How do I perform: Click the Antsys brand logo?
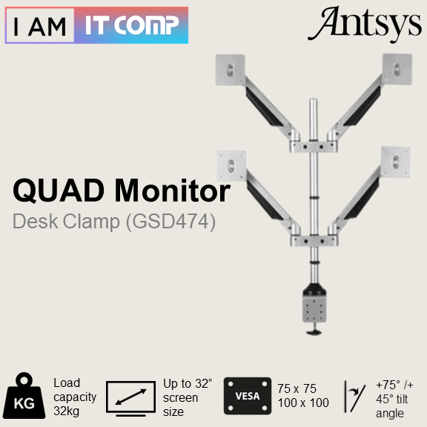(x=365, y=24)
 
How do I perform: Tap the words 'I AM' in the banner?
(x=40, y=26)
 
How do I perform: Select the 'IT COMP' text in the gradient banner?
(x=132, y=25)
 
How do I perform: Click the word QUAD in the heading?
(x=59, y=190)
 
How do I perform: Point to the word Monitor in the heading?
(x=173, y=190)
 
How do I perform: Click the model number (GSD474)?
(x=171, y=221)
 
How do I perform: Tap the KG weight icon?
(x=24, y=395)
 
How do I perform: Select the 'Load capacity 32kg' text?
(x=75, y=397)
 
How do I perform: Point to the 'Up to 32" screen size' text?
(x=188, y=397)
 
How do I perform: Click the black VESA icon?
(x=248, y=396)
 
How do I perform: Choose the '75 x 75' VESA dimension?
(x=297, y=388)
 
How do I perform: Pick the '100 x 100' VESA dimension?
(x=303, y=403)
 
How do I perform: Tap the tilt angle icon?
(x=355, y=397)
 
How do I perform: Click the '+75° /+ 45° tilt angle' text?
(x=394, y=400)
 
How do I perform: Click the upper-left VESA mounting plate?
(x=230, y=70)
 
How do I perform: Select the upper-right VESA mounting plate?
(x=397, y=69)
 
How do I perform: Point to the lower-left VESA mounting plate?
(x=232, y=165)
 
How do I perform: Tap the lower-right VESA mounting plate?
(x=396, y=162)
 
